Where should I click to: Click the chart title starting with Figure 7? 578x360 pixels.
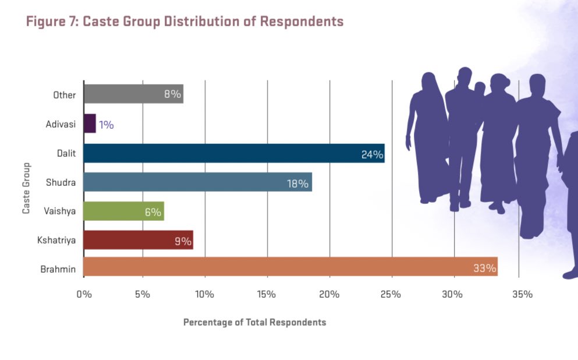click(x=185, y=22)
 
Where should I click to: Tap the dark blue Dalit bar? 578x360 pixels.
click(x=233, y=153)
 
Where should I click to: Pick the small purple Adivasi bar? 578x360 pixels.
click(x=90, y=123)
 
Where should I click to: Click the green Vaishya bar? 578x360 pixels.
click(x=123, y=211)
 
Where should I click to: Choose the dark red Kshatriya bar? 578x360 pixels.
click(x=138, y=239)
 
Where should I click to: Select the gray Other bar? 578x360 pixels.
click(x=133, y=94)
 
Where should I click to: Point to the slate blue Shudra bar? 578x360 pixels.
click(x=197, y=182)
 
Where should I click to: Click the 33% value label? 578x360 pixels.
click(x=484, y=268)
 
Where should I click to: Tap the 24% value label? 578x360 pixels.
click(x=371, y=154)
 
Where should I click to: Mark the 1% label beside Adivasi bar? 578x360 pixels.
click(x=106, y=124)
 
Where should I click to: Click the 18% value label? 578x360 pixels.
click(x=297, y=183)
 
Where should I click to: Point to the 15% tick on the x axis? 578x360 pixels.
click(x=267, y=294)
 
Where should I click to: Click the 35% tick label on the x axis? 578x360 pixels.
click(x=522, y=294)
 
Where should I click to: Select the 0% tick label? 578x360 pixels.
click(x=84, y=294)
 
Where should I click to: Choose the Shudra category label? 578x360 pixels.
click(x=61, y=182)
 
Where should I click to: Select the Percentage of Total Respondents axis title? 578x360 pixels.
click(x=254, y=322)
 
